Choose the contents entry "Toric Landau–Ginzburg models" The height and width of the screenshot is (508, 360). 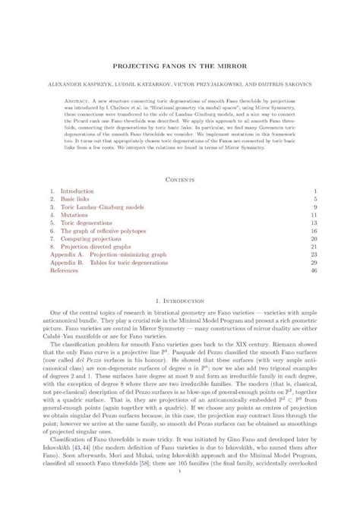click(x=95, y=207)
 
